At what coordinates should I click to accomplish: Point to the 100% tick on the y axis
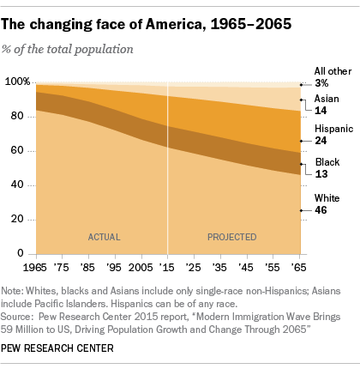point(16,82)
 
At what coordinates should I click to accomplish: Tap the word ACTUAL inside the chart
point(105,235)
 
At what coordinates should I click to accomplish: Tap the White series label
point(327,197)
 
